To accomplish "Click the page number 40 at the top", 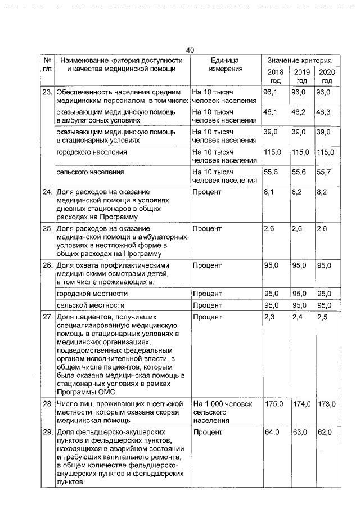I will tap(190, 51).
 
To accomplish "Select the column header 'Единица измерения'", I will tap(225, 65).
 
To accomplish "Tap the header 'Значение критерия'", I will tap(299, 60).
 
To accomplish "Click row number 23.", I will tap(47, 92).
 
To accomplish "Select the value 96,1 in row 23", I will tap(271, 92).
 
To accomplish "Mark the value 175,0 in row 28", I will tap(273, 404).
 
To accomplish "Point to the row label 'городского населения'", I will tap(91, 152).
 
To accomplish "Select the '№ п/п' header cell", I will tap(47, 65).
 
